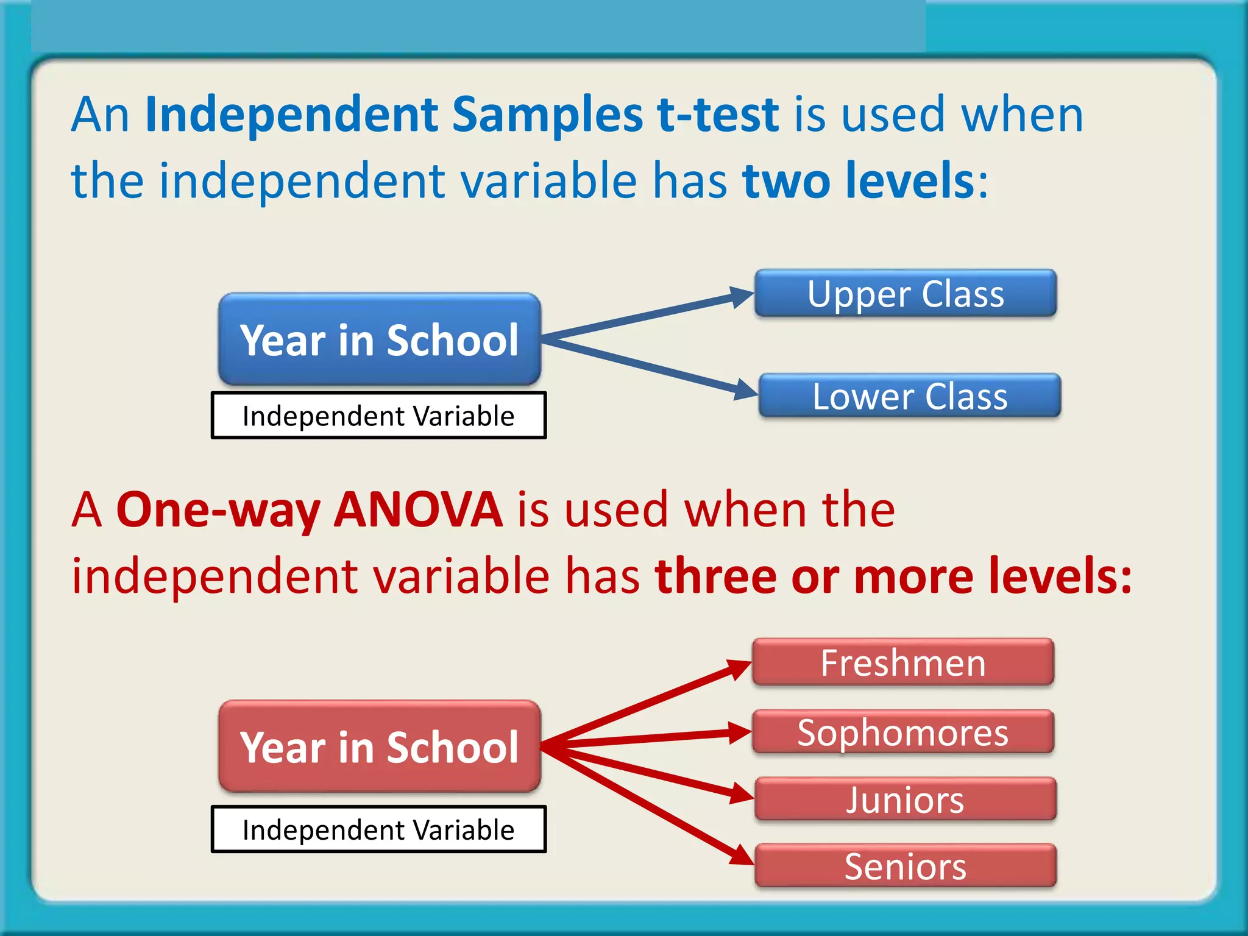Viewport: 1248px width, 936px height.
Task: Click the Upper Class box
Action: pos(906,294)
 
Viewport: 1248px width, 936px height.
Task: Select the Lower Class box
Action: pos(910,396)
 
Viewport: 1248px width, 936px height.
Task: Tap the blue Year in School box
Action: pos(379,339)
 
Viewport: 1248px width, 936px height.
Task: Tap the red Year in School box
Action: pos(379,746)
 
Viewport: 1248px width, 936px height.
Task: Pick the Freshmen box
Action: pos(903,662)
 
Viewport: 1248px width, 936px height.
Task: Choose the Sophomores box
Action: pos(903,732)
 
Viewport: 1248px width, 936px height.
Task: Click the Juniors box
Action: pos(906,799)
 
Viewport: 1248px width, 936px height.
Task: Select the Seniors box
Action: pos(906,866)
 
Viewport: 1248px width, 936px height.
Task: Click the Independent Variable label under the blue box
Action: pos(378,416)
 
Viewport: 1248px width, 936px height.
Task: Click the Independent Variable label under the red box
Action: pos(378,829)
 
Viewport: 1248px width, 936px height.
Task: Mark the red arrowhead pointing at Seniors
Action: pos(742,856)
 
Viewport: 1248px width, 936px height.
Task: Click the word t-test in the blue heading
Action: pos(718,115)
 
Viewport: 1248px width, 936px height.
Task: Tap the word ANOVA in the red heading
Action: pos(418,509)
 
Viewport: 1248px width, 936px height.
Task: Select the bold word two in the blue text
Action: pos(787,181)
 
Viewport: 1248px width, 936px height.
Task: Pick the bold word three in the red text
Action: pos(715,576)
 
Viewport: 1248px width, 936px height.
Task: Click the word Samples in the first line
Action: pos(547,115)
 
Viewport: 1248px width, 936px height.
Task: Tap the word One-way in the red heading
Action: pos(218,509)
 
